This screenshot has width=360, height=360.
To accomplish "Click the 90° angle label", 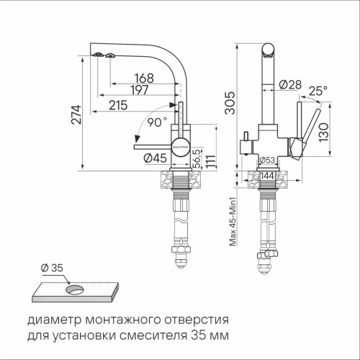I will pos(156,122).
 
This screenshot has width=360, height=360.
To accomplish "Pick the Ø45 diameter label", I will pos(155,158).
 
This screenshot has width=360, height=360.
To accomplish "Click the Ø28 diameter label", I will pos(288,86).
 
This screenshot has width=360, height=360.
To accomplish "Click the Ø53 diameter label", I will pos(268,161).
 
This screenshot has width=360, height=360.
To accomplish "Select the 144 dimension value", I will pos(267,175).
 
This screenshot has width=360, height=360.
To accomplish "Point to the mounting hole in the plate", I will pos(74,291).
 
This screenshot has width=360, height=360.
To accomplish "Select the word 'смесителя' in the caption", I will pos(153,336).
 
